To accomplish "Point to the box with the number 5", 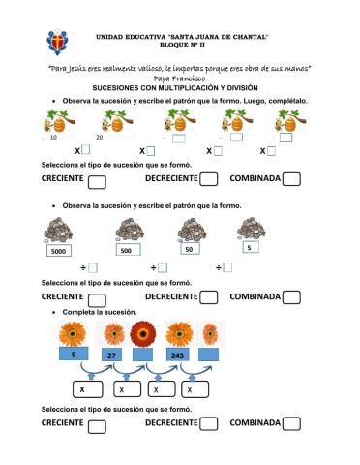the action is tap(250, 247).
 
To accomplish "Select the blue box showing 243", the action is tap(177, 356).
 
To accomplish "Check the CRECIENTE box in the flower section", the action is tap(96, 425).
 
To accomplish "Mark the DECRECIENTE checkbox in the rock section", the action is tap(208, 297).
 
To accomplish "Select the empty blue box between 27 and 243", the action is tap(144, 356).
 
